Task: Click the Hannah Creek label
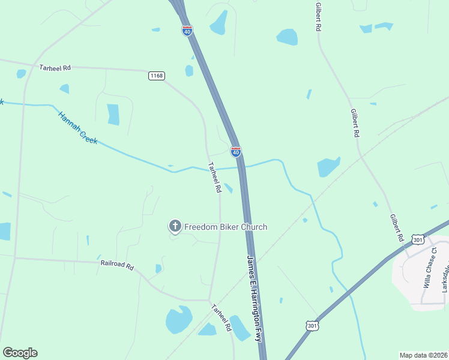(x=77, y=127)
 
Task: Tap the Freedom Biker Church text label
(x=225, y=227)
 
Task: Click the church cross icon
(x=175, y=226)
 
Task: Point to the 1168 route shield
(x=157, y=76)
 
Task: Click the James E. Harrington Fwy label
(x=255, y=298)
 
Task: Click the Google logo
(x=20, y=353)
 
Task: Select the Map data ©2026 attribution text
(x=423, y=355)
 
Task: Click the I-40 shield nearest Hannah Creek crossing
(x=236, y=152)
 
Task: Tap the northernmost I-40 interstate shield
(x=187, y=31)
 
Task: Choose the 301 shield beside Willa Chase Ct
(x=418, y=239)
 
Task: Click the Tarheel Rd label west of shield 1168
(x=55, y=68)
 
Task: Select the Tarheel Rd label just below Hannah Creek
(x=214, y=177)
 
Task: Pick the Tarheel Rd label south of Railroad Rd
(x=221, y=317)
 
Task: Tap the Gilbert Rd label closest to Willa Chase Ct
(x=397, y=227)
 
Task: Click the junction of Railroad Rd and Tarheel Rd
(x=208, y=300)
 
